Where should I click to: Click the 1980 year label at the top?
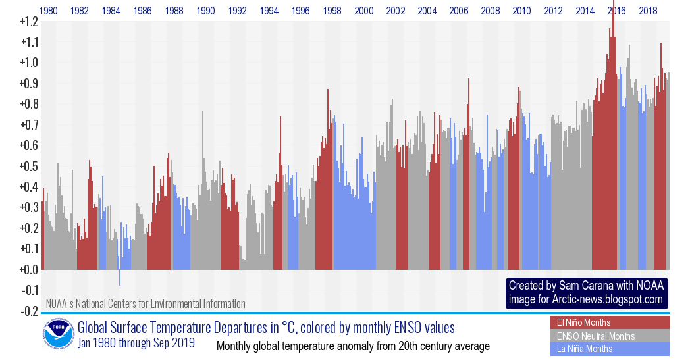48,11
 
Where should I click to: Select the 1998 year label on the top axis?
332,11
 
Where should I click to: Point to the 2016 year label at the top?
617,11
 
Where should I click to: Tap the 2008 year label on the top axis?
491,11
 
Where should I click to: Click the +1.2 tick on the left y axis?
29,22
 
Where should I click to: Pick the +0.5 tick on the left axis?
29,167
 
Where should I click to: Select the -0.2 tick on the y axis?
29,311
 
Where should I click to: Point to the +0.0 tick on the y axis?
29,270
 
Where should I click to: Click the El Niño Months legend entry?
584,322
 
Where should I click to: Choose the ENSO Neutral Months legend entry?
596,336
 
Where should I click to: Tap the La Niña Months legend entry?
585,349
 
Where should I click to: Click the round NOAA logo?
58,335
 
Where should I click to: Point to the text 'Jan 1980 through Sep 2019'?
136,343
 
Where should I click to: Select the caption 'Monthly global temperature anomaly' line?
353,346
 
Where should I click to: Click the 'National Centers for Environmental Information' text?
165,304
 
